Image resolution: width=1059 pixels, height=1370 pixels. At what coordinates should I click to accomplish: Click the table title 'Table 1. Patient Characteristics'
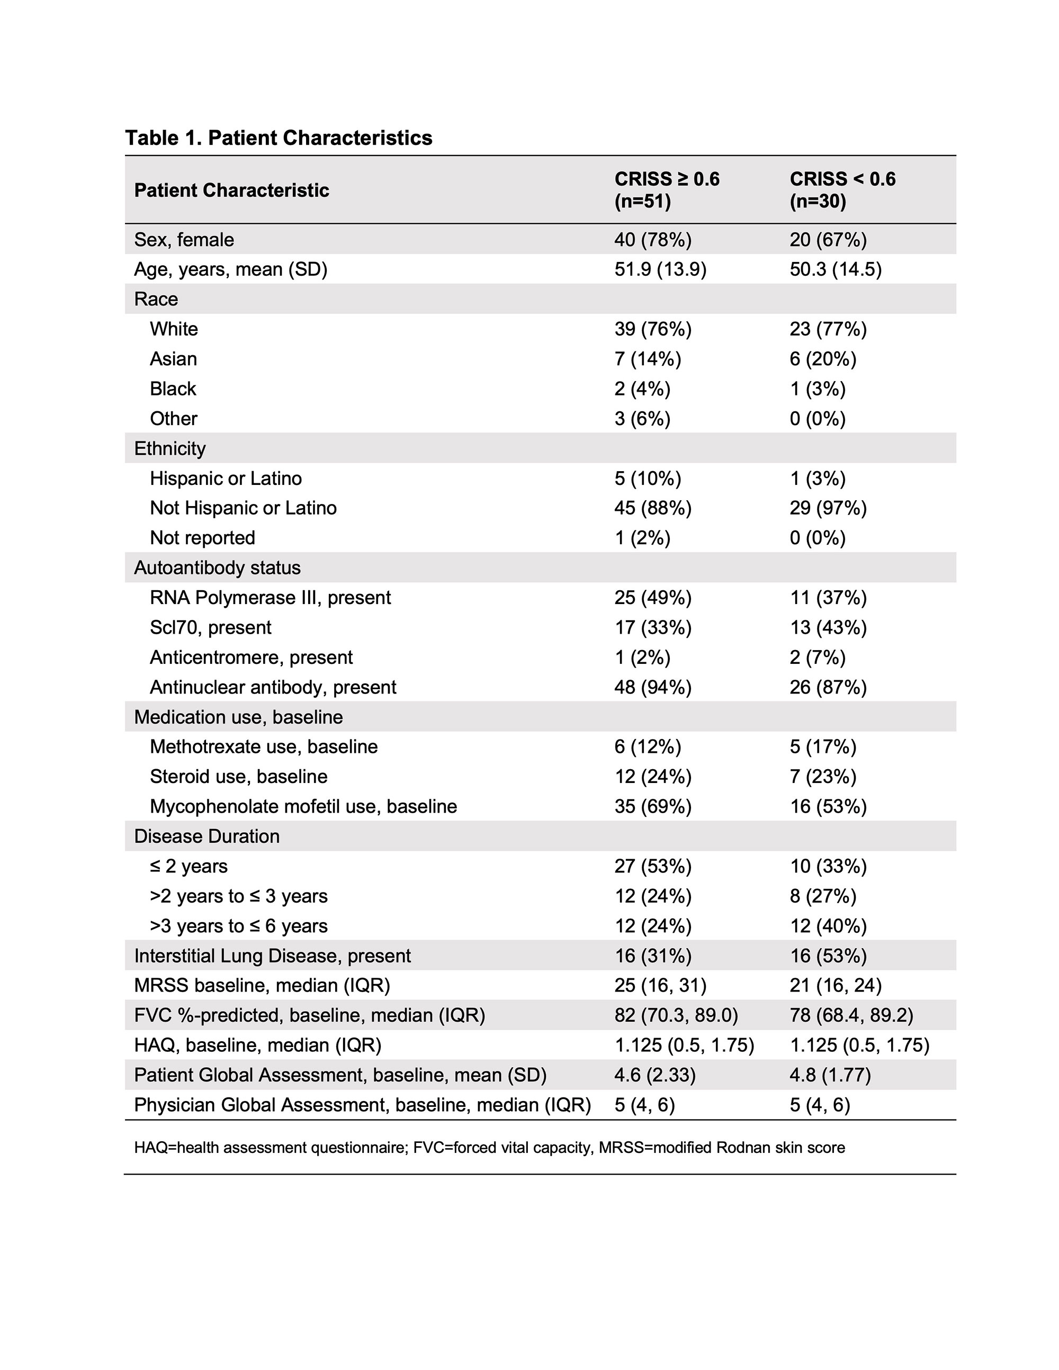[279, 138]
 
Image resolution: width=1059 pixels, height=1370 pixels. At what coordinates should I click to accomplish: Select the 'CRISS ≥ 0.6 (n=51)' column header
[666, 190]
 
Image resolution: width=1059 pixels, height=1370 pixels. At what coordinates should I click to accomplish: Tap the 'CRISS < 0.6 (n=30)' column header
[842, 190]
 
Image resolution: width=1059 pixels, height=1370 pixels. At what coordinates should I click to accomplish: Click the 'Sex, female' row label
[184, 240]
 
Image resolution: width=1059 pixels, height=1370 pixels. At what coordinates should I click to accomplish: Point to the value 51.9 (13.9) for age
[660, 269]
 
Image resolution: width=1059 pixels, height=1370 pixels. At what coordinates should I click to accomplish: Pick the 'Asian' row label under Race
[173, 359]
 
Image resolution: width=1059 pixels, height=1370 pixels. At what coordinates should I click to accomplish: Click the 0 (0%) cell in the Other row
[818, 418]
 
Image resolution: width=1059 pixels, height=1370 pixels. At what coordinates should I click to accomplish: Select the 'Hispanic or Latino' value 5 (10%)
[648, 478]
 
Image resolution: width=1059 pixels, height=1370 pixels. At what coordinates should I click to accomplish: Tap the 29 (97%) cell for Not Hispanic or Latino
[828, 508]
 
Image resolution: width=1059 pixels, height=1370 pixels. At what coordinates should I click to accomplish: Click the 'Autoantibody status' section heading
[217, 567]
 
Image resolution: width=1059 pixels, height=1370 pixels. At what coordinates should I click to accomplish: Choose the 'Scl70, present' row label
[210, 627]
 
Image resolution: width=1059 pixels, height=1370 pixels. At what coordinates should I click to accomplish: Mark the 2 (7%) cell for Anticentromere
[818, 657]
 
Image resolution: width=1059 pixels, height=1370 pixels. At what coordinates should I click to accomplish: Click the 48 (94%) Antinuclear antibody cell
[652, 687]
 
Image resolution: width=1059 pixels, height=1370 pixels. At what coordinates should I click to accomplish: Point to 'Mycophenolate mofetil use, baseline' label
[303, 806]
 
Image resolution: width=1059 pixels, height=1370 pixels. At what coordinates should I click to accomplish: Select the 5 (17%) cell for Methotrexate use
[822, 746]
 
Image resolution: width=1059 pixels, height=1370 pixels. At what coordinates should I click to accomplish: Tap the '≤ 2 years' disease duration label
[188, 866]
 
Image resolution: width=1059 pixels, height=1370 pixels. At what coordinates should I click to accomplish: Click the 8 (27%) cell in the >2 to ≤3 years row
[822, 896]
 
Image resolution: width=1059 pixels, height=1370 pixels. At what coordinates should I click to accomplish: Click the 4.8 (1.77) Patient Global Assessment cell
[830, 1075]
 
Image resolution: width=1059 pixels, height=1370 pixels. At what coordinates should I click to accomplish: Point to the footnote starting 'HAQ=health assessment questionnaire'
[489, 1147]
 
